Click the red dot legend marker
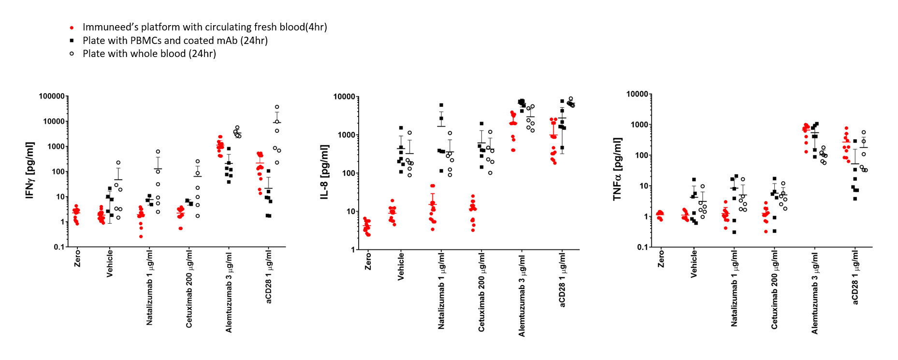tap(72, 28)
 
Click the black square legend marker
tap(72, 41)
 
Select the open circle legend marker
tap(72, 54)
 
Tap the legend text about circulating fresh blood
tap(205, 27)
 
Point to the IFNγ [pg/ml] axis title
tap(30, 171)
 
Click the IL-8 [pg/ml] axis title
tap(324, 172)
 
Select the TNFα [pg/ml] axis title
tap(617, 169)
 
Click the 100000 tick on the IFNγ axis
tap(52, 96)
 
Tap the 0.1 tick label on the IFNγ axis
tap(59, 247)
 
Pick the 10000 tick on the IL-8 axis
tap(344, 97)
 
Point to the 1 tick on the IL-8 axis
tap(352, 249)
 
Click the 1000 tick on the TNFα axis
tap(639, 125)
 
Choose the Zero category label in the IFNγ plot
tap(77, 258)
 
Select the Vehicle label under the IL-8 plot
tap(401, 265)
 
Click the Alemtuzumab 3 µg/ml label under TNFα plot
tap(815, 292)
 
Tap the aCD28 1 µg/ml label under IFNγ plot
tap(269, 276)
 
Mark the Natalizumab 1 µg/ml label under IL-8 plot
tap(441, 290)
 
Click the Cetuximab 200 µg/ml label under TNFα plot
tap(774, 290)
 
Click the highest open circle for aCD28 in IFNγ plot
tap(277, 107)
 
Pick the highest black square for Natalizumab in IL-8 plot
tap(441, 105)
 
